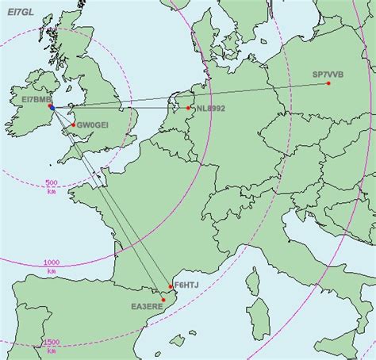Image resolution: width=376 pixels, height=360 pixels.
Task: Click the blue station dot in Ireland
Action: (x=50, y=106)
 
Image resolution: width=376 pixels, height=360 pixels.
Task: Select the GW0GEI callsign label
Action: (x=92, y=124)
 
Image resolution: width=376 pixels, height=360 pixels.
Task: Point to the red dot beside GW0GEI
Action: (x=73, y=124)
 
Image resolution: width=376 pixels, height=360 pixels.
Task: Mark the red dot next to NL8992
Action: (x=189, y=108)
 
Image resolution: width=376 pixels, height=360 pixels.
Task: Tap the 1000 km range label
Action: (x=52, y=266)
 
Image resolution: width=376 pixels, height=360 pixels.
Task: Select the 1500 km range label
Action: (x=52, y=345)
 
